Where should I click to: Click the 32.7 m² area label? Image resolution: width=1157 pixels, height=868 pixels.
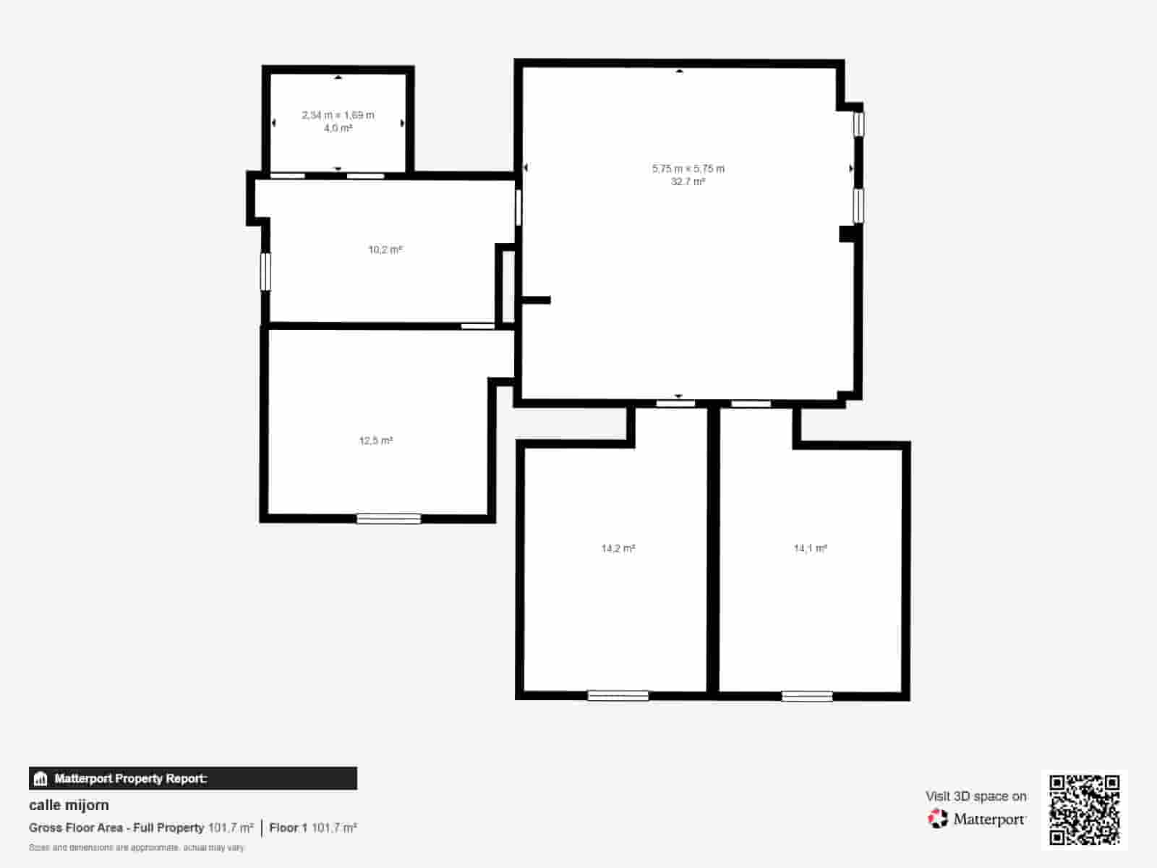point(688,182)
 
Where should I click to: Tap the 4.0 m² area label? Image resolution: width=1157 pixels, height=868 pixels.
point(338,128)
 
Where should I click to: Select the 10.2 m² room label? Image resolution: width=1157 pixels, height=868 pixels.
point(385,250)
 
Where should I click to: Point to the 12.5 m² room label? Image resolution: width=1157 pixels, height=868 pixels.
point(376,441)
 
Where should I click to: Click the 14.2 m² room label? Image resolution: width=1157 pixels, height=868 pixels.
point(618,548)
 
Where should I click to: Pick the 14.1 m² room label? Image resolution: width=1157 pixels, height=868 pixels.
point(811,548)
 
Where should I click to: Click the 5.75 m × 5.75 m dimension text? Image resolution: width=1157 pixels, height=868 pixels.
point(688,169)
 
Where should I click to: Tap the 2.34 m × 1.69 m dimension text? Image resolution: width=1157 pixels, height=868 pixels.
point(338,115)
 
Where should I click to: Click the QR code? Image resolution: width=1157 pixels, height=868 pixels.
point(1084,809)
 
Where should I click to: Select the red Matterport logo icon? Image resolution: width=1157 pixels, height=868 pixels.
point(938,819)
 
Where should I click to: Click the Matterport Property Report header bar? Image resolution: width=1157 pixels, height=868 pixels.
point(192,778)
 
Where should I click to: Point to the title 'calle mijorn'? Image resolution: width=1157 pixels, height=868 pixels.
point(69,805)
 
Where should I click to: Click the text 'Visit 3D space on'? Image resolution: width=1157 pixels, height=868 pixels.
point(975,796)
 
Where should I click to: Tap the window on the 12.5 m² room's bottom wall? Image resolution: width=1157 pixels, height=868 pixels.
point(388,519)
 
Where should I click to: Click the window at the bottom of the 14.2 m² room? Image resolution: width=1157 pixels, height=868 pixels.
point(618,696)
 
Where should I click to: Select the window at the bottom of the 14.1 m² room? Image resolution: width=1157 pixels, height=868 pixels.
point(806,697)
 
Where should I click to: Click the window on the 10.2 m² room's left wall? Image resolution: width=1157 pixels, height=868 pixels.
point(265,271)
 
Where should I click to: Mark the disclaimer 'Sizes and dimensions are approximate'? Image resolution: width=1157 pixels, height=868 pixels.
point(137,847)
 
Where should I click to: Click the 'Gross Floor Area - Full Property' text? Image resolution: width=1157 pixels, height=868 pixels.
point(116,827)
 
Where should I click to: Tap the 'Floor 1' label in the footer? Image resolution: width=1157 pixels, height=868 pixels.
point(288,827)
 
